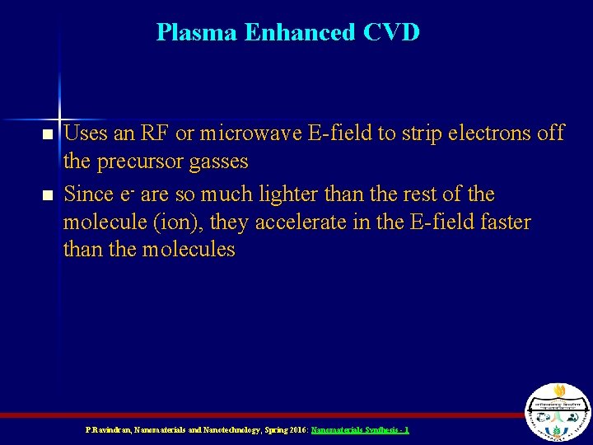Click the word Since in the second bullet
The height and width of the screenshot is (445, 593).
click(87, 194)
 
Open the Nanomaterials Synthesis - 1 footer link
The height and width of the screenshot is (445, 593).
click(360, 430)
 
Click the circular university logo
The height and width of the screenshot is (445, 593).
click(558, 412)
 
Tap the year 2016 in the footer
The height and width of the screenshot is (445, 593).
click(293, 430)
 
